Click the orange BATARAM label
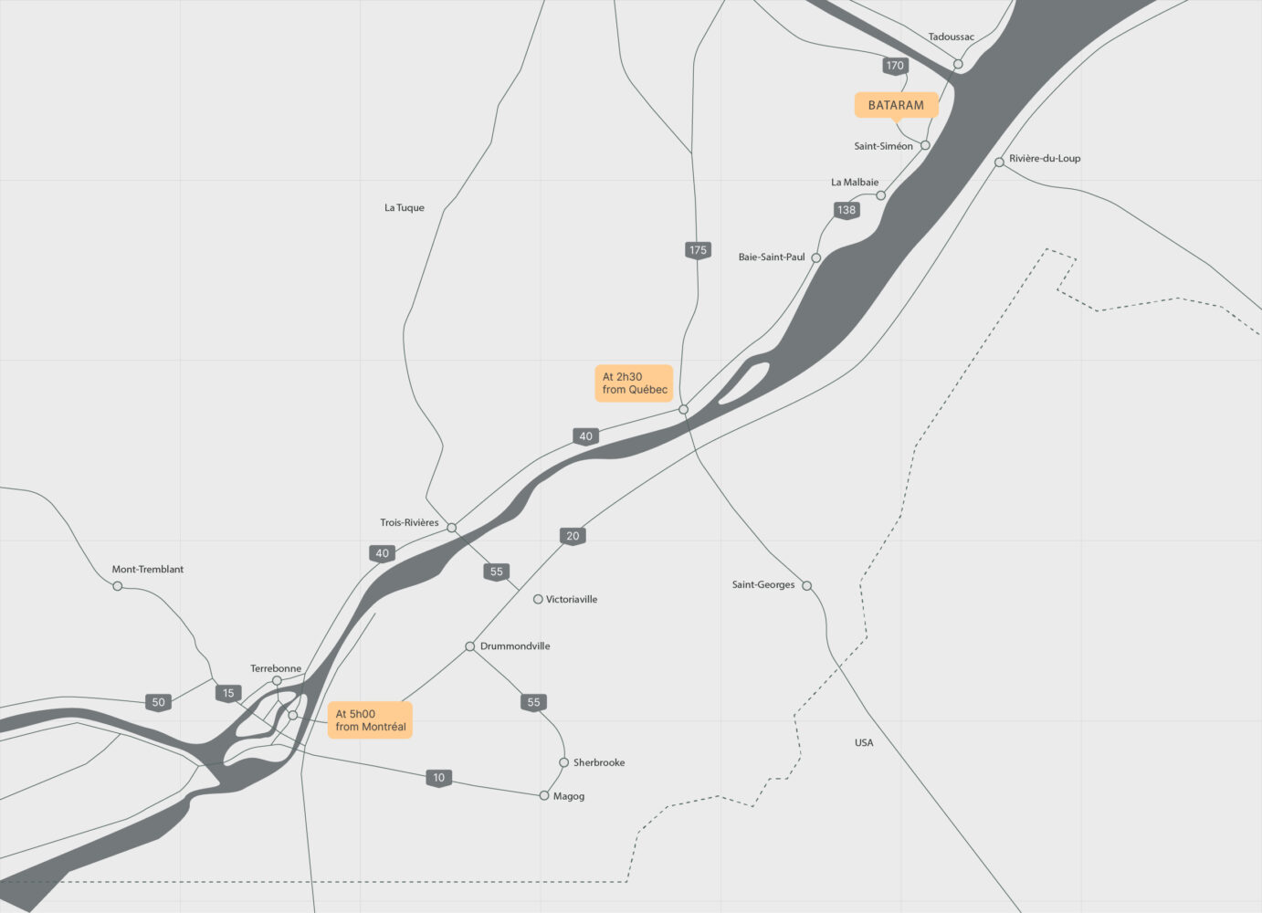[x=896, y=105]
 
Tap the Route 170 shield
[x=895, y=66]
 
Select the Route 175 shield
[x=698, y=250]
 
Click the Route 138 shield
[x=847, y=210]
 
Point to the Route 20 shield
[x=573, y=536]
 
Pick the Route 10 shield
[x=439, y=778]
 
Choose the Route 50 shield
[x=159, y=702]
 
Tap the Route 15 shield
[x=228, y=693]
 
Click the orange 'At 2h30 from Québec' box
[x=634, y=383]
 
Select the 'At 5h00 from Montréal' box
[x=370, y=720]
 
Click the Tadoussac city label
[x=952, y=37]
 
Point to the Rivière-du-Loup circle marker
[x=999, y=163]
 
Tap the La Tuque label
[x=405, y=208]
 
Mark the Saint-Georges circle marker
[x=806, y=586]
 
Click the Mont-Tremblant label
[x=148, y=570]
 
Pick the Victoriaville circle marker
[x=538, y=600]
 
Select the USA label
[x=864, y=743]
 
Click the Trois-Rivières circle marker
[x=451, y=528]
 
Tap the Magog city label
[x=569, y=797]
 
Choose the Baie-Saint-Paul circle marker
[x=816, y=258]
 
